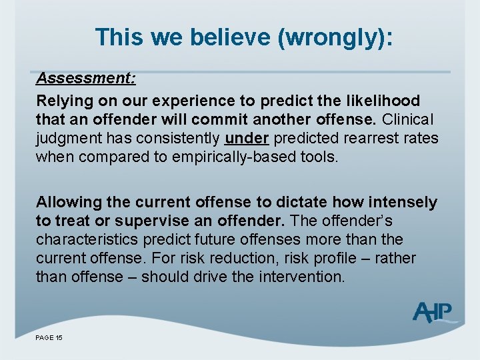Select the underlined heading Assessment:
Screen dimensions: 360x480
(x=86, y=78)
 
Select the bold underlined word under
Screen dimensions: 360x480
(x=247, y=139)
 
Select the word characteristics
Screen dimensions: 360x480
(x=87, y=239)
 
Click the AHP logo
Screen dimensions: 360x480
(x=433, y=312)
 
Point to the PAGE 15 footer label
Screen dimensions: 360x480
(x=49, y=338)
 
